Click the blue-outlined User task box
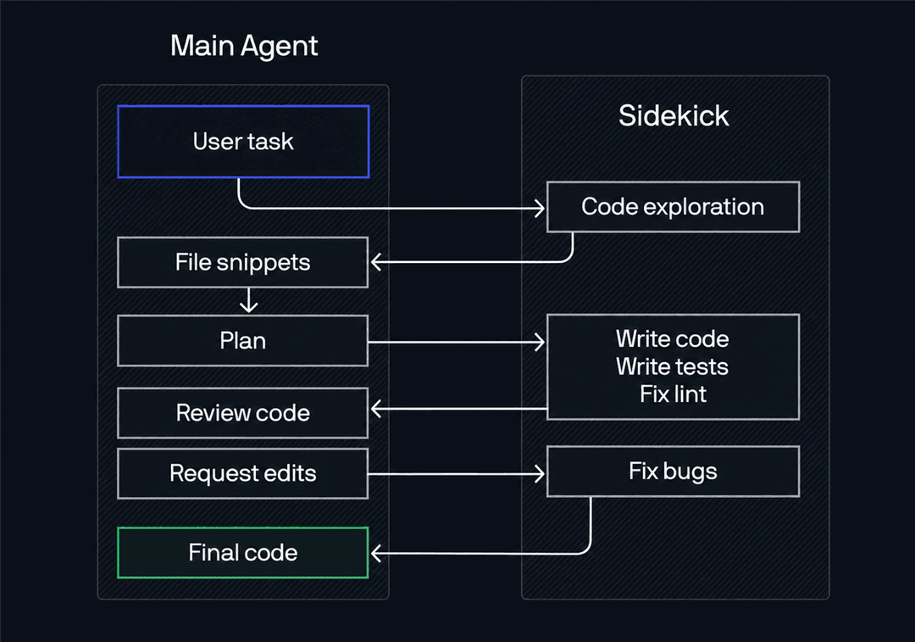pos(243,142)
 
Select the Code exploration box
pos(673,207)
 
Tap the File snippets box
pos(243,262)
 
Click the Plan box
pos(243,341)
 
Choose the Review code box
pos(243,413)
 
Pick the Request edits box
pos(243,474)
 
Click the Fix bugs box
pos(673,472)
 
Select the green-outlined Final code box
pos(243,553)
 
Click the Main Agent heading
pos(244,46)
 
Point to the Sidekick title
pos(674,115)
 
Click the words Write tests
pos(672,367)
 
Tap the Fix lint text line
pos(673,394)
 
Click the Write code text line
pos(672,339)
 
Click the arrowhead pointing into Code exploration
pos(541,208)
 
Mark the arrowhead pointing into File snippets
pos(376,262)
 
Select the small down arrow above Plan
pos(249,300)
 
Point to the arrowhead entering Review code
pos(376,409)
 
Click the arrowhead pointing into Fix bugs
pos(541,474)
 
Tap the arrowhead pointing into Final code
pos(376,553)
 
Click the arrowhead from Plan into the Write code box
pos(541,342)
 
